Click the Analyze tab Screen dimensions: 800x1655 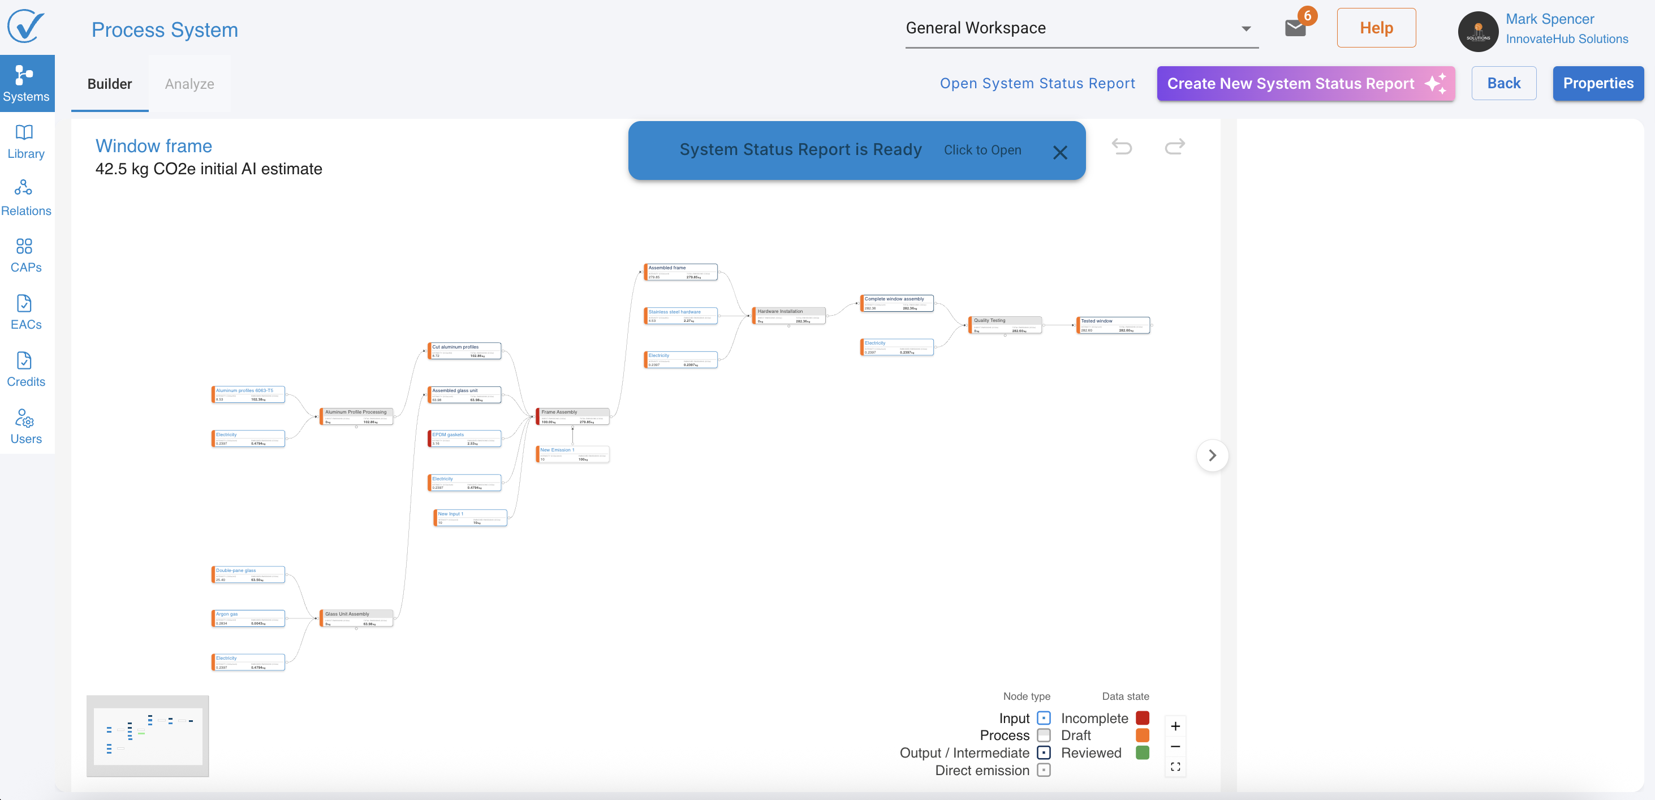pyautogui.click(x=189, y=84)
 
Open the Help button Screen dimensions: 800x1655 pyautogui.click(x=1376, y=28)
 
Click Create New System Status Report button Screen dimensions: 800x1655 pyautogui.click(x=1305, y=84)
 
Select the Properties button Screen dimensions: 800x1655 pyautogui.click(x=1597, y=84)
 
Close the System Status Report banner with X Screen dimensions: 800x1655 pyautogui.click(x=1059, y=152)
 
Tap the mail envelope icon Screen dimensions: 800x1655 pyautogui.click(x=1295, y=28)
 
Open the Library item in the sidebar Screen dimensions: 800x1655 pyautogui.click(x=25, y=142)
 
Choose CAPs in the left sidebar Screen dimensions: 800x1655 pyautogui.click(x=25, y=256)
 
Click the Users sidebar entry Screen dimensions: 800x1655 pyautogui.click(x=25, y=427)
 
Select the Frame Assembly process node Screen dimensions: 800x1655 pyautogui.click(x=572, y=416)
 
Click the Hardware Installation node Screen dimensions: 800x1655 pyautogui.click(x=788, y=316)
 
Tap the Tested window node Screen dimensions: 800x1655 pyautogui.click(x=1113, y=325)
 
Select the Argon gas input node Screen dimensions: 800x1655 pyautogui.click(x=248, y=618)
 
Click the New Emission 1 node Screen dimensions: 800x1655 pyautogui.click(x=572, y=454)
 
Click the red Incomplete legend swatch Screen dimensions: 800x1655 pyautogui.click(x=1141, y=718)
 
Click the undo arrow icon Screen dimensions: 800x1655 pyautogui.click(x=1122, y=147)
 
